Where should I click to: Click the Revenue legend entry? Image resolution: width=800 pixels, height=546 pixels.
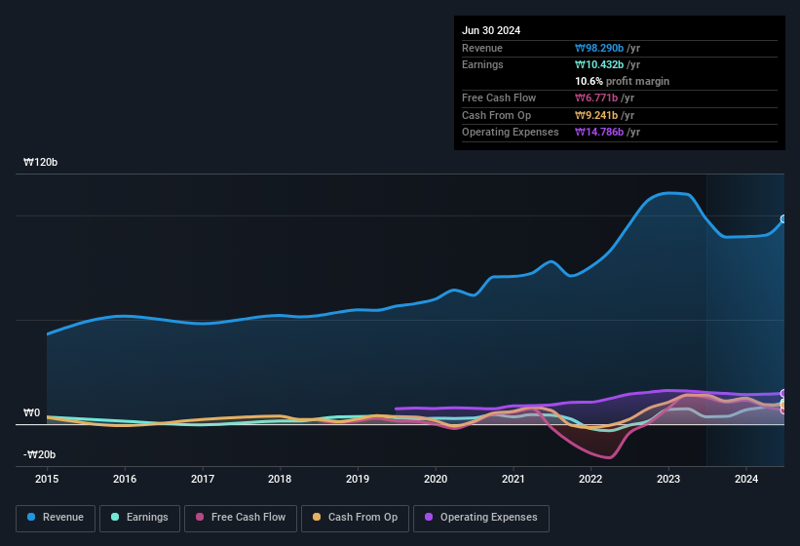[56, 518]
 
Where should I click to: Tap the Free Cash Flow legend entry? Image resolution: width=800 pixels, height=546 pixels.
[240, 518]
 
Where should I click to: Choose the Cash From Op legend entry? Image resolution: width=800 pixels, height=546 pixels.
[354, 518]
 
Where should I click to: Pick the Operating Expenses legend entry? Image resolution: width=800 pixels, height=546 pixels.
[481, 518]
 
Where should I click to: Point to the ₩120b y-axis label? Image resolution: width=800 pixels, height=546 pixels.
[40, 163]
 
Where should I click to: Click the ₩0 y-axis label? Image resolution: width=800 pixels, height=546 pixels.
[31, 413]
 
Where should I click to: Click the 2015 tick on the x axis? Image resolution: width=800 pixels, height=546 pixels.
[47, 479]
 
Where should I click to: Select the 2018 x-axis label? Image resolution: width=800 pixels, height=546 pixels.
[280, 479]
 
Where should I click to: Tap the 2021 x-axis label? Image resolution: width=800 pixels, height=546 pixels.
[514, 479]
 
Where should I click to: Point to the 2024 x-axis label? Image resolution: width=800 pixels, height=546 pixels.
[746, 479]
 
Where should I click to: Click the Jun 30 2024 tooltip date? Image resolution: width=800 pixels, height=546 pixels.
[491, 30]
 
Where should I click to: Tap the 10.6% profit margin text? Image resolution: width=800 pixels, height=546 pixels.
[622, 81]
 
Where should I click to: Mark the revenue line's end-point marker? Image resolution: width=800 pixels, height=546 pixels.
[783, 219]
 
